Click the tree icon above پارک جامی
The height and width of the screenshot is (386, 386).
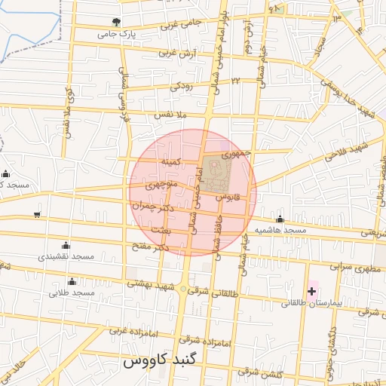click(x=115, y=22)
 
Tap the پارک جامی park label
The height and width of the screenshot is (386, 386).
click(x=116, y=35)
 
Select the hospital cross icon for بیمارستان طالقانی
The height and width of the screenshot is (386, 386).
click(x=311, y=291)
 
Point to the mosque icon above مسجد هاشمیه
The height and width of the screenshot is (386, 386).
click(x=280, y=219)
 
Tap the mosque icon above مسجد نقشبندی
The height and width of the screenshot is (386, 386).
click(x=66, y=244)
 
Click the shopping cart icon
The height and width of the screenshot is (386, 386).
click(x=37, y=214)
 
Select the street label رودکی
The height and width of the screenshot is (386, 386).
click(x=181, y=87)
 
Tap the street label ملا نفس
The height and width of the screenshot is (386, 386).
click(x=170, y=115)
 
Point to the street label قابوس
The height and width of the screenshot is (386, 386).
click(x=228, y=196)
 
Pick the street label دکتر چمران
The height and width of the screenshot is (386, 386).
click(x=147, y=204)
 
